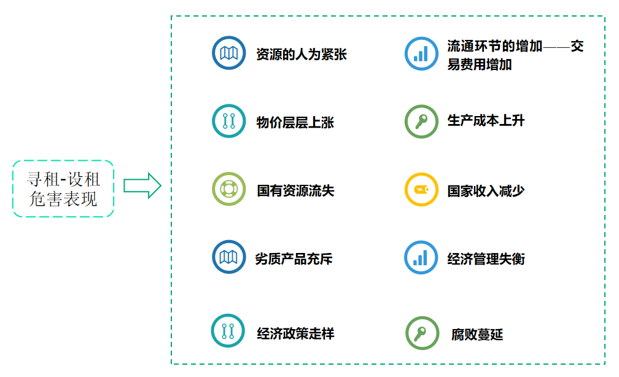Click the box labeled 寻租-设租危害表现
[63, 189]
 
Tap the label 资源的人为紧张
[302, 55]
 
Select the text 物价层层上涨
[295, 122]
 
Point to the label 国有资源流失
[295, 190]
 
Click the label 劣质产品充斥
[294, 258]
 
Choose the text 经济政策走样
[295, 334]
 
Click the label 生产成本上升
[486, 121]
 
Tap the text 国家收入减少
[486, 190]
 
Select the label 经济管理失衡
[486, 258]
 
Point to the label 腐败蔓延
[477, 335]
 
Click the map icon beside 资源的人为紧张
[228, 53]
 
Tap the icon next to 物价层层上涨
[228, 121]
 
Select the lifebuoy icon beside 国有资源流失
[228, 189]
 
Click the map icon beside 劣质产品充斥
[228, 257]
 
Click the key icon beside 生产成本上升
[421, 122]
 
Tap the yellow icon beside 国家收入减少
[421, 189]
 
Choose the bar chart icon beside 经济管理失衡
[421, 257]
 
